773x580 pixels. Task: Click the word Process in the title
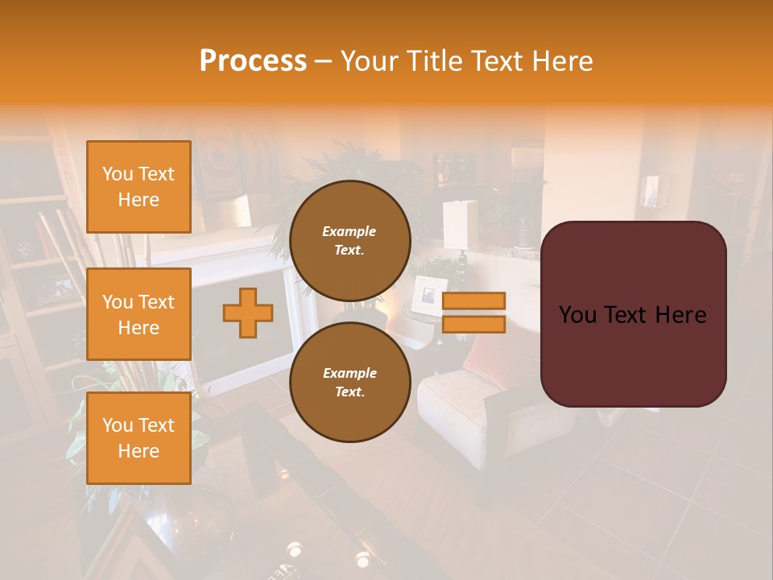253,61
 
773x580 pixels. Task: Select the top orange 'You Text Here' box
138,187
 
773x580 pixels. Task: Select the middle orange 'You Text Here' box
138,314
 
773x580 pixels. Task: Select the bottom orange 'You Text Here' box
138,438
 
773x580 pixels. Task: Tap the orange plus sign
248,313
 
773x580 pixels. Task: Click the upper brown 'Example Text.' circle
349,241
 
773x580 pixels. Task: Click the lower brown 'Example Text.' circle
349,383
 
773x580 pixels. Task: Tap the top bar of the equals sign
473,300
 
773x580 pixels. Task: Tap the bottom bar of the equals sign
473,324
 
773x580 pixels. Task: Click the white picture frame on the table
428,293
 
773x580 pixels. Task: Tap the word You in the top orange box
118,174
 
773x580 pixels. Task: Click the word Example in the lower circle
349,373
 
